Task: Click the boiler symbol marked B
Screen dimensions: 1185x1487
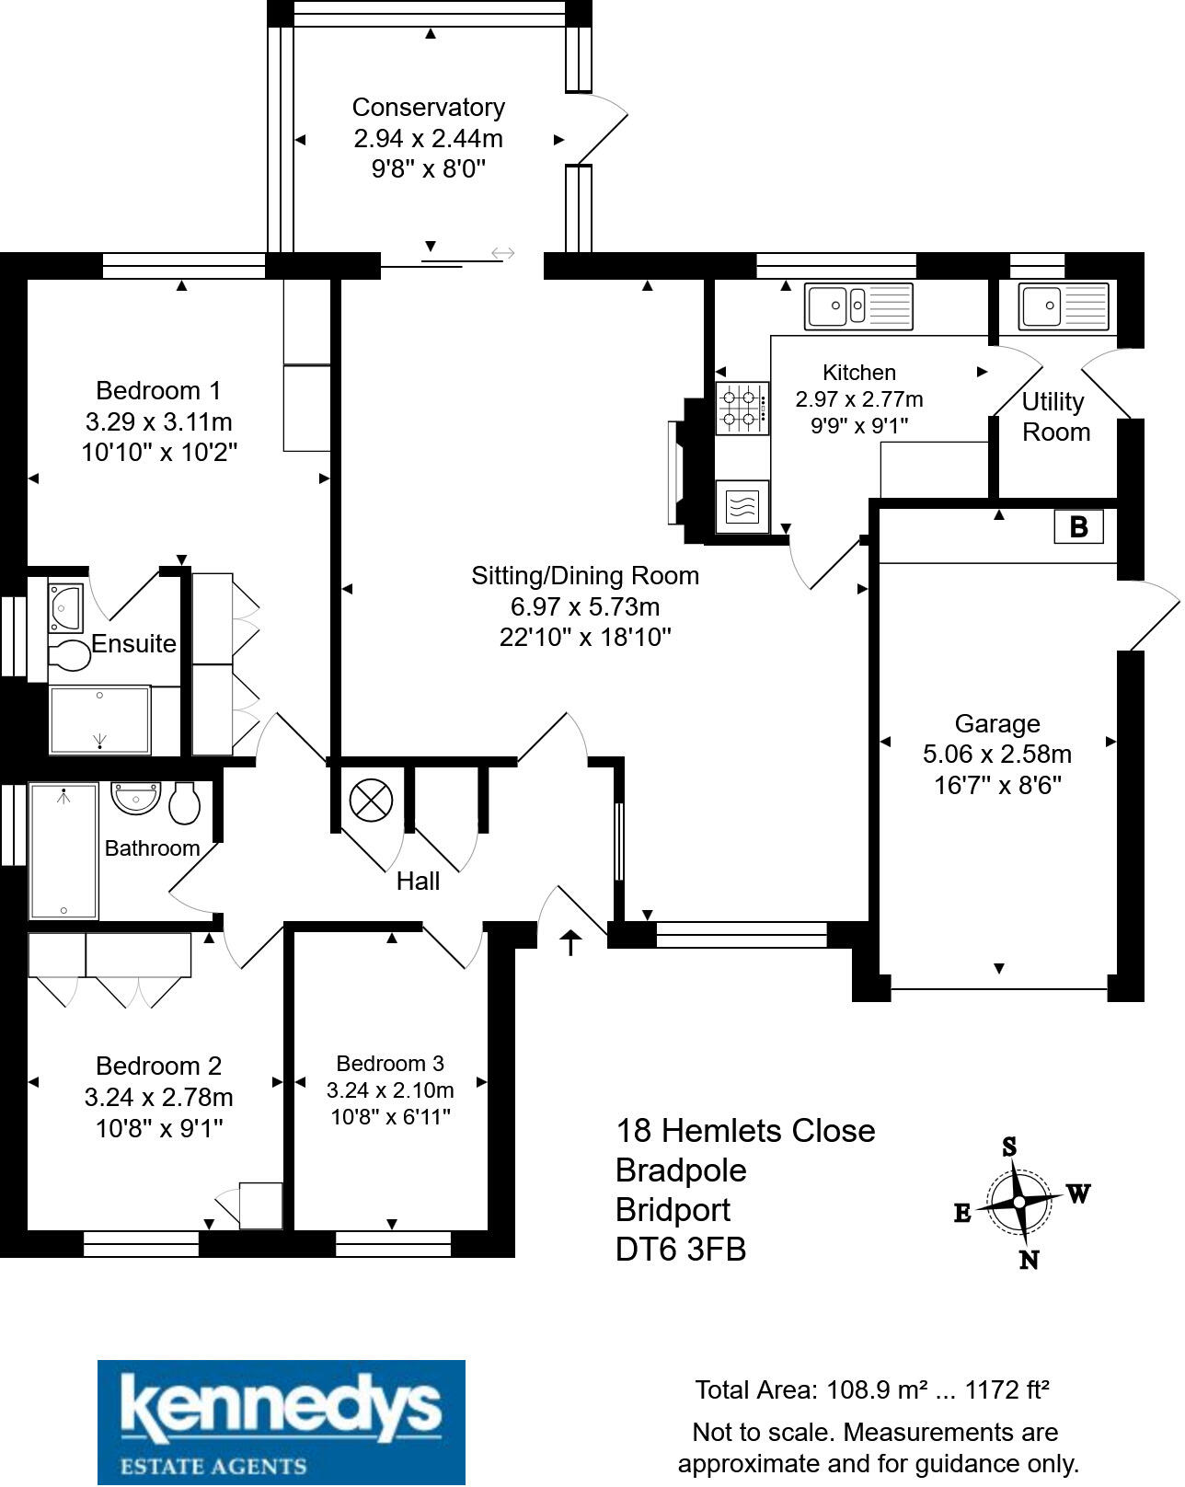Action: tap(1077, 527)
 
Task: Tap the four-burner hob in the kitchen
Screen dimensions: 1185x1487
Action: tap(742, 409)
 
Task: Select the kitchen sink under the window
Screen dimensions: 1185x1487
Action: tap(858, 305)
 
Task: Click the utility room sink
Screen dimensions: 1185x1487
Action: tap(1064, 305)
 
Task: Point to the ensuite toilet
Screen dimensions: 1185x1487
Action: tap(69, 654)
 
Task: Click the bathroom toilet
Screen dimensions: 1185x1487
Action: tap(185, 803)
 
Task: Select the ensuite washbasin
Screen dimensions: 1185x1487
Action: tap(65, 608)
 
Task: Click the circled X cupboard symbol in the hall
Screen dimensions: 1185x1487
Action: tap(371, 801)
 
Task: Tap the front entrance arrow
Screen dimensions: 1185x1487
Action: tap(570, 942)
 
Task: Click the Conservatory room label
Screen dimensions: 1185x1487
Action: tap(429, 107)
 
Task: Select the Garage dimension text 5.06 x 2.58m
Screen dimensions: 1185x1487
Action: tap(997, 754)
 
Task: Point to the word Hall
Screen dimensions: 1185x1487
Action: tap(418, 881)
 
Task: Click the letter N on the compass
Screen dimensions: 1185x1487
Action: tap(1029, 1261)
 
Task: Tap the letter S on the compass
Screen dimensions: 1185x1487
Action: tap(1009, 1147)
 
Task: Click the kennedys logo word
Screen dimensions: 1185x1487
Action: tap(281, 1406)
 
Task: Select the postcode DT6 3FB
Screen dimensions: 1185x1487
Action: tap(681, 1250)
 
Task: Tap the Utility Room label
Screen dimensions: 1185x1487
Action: tap(1055, 417)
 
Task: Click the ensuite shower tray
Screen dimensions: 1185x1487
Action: tap(100, 720)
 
